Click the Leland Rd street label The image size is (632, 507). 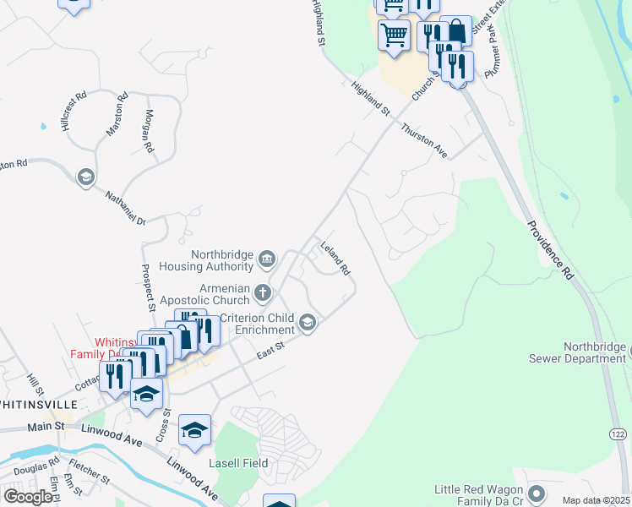click(335, 259)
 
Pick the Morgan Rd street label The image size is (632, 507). click(148, 131)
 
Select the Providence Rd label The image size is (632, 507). click(549, 250)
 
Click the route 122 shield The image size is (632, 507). click(618, 433)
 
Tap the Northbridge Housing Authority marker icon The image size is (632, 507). click(267, 258)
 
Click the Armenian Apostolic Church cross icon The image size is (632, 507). click(263, 293)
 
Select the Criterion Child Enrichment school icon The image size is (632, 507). click(308, 321)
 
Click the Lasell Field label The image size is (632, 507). click(238, 463)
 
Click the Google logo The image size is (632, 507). click(28, 496)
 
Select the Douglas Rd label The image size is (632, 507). click(35, 464)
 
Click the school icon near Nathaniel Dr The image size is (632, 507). click(84, 177)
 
